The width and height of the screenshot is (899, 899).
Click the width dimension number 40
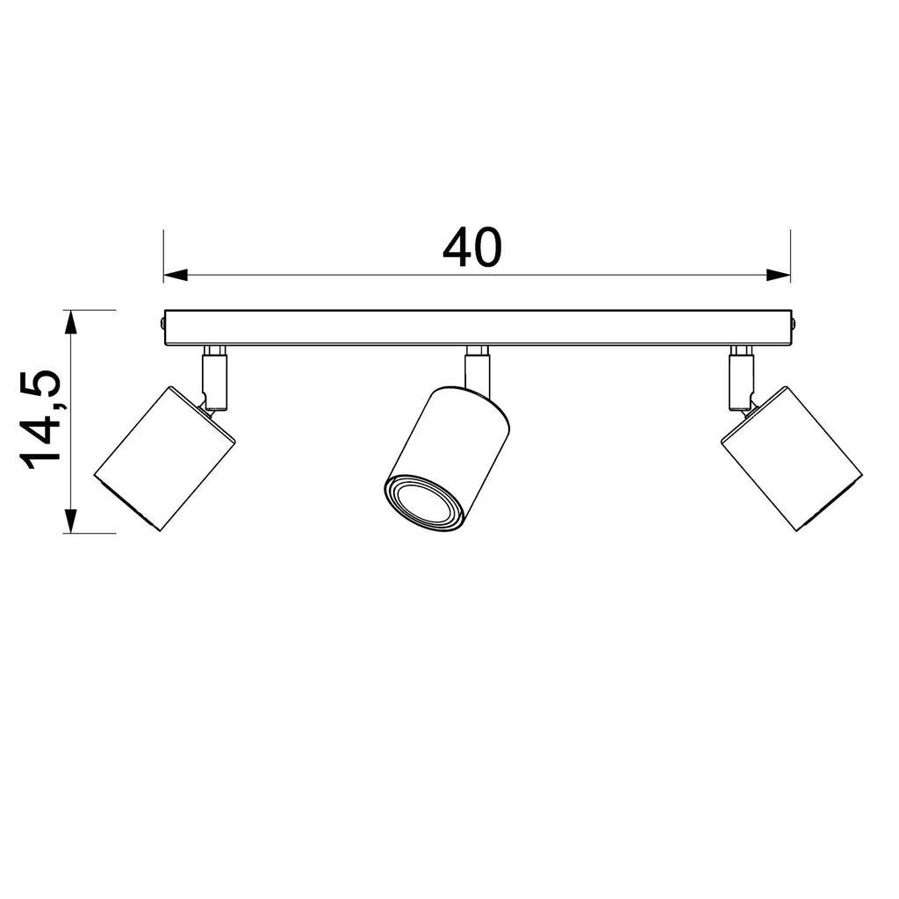click(471, 248)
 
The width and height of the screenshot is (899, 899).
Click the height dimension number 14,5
click(40, 420)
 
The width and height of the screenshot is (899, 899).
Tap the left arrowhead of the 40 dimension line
click(176, 275)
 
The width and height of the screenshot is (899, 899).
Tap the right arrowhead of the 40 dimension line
click(779, 275)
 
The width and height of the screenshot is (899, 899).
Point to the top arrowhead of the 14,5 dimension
click(70, 322)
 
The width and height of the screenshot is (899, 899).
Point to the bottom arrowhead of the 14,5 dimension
click(70, 521)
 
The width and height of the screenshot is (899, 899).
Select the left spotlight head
click(165, 458)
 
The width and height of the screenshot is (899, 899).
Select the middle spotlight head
click(447, 458)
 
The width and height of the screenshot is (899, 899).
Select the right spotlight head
click(791, 458)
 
